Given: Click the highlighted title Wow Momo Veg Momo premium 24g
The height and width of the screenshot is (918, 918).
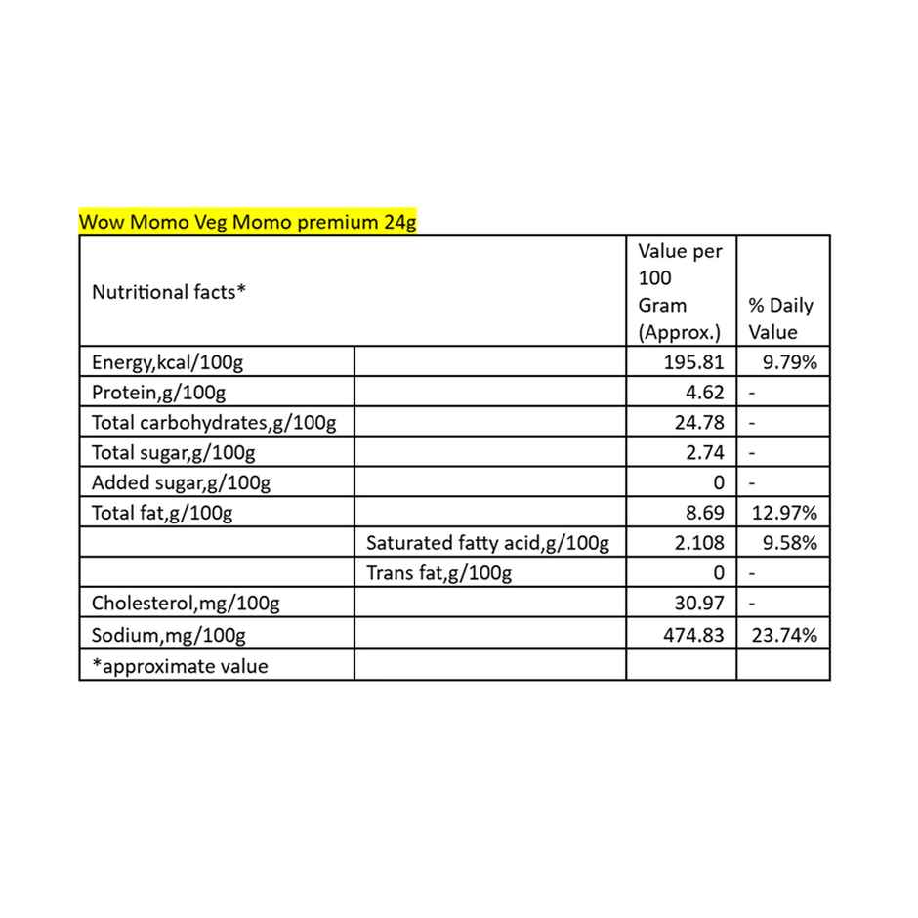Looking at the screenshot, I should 248,222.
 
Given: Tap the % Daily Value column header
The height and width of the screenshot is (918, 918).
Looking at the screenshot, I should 780,318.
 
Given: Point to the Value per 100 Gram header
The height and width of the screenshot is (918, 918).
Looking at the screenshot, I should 680,291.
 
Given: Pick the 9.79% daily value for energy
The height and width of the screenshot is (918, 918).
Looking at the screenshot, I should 789,363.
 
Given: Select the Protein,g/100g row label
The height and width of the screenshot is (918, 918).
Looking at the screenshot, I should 158,394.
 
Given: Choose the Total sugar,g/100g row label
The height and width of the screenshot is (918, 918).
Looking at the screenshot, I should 173,453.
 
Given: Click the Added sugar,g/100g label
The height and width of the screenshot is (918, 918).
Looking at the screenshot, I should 181,482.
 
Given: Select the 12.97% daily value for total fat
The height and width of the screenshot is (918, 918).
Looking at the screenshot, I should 784,513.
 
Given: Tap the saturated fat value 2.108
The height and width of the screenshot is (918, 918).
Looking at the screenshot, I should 699,543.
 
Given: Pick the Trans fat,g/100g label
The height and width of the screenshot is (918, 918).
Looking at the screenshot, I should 438,573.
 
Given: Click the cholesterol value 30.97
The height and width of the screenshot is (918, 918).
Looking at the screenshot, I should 699,604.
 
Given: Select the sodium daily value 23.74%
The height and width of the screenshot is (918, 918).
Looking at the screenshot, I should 784,635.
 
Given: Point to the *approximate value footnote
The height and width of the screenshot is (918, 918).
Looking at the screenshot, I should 180,666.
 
